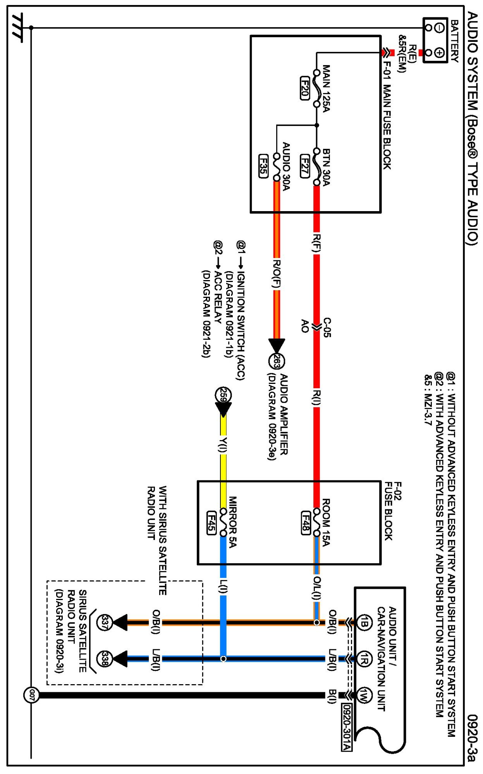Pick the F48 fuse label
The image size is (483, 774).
point(306,523)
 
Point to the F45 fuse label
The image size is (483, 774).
point(211,523)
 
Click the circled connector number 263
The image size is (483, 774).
point(277,361)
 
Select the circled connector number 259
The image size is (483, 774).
point(223,395)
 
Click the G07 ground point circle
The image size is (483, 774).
point(31,695)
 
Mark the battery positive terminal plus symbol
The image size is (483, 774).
point(439,52)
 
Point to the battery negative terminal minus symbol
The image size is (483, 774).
point(439,28)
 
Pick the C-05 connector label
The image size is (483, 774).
point(327,328)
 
